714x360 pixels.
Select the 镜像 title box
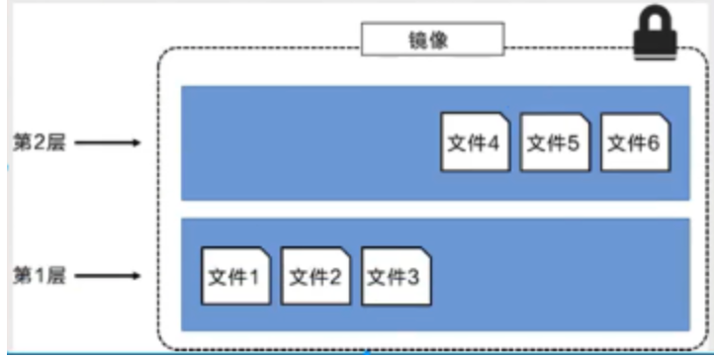432,41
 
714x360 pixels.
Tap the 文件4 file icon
473,143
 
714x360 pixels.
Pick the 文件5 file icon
552,143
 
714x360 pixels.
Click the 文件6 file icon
632,143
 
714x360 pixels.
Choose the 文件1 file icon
232,276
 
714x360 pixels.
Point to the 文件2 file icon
313,276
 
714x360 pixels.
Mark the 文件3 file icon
393,276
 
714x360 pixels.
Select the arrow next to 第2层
108,143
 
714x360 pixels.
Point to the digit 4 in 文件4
491,144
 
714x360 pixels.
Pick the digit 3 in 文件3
412,277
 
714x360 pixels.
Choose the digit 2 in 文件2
333,277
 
